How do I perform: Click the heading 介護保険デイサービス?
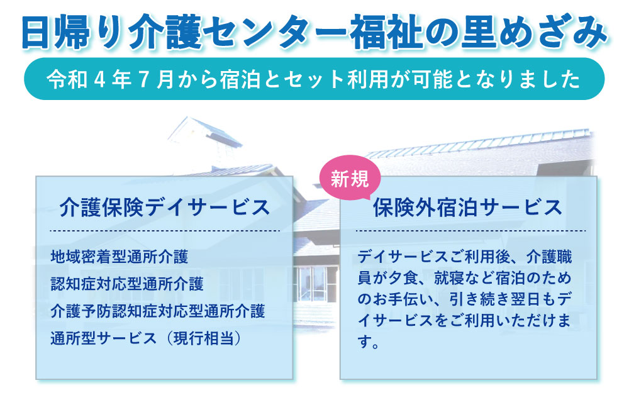[x=164, y=208]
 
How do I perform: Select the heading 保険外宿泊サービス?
[x=468, y=208]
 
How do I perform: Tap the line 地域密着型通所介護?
[x=119, y=257]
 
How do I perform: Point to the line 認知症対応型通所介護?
[x=127, y=284]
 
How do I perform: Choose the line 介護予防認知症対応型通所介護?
[x=158, y=311]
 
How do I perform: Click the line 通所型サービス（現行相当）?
[x=147, y=338]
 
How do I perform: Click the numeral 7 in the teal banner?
[x=143, y=79]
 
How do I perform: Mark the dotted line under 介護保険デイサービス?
[x=164, y=231]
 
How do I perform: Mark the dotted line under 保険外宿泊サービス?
[x=470, y=231]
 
